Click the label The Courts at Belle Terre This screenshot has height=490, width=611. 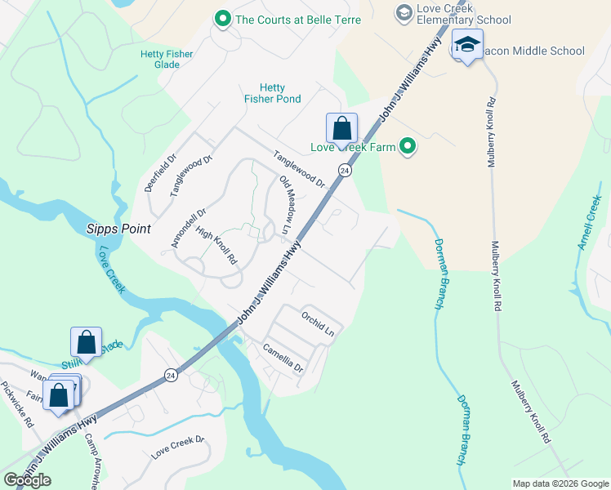(287, 19)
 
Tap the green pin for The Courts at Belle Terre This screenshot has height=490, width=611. (221, 18)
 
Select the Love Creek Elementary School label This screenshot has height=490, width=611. (463, 14)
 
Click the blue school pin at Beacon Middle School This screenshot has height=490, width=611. (467, 46)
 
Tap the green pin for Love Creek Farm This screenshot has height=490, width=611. (407, 147)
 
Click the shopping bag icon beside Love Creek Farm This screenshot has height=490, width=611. (341, 128)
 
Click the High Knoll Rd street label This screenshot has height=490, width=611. (216, 247)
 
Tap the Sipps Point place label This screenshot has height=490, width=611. (118, 229)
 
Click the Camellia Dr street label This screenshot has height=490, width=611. (283, 357)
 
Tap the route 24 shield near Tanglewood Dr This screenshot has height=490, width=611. (346, 171)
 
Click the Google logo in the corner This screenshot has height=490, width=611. (27, 479)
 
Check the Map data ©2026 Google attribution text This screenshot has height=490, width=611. (560, 483)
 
